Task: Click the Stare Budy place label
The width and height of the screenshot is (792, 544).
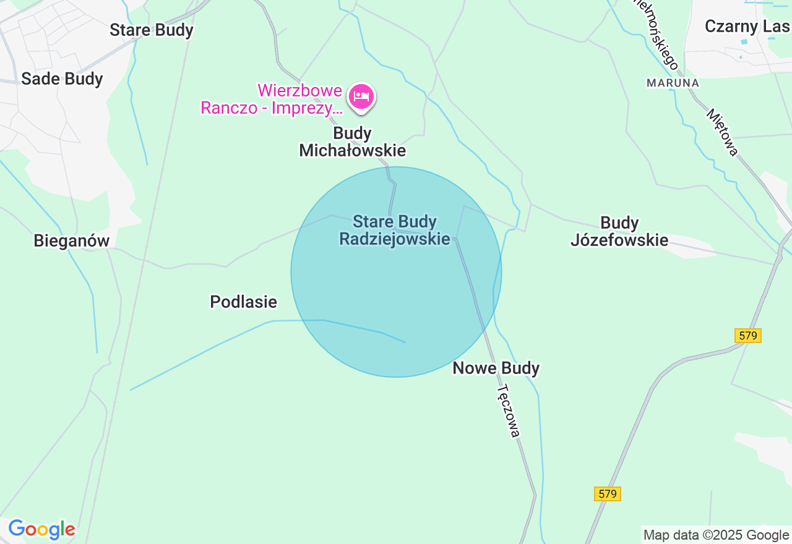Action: [x=152, y=30]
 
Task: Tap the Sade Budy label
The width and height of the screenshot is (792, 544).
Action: [x=62, y=79]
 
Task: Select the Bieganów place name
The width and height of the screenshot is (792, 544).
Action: [x=72, y=240]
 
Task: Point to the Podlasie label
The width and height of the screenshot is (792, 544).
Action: [x=244, y=302]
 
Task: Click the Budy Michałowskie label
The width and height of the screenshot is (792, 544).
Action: [x=353, y=142]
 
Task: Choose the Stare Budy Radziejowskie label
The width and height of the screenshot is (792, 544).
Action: [x=395, y=230]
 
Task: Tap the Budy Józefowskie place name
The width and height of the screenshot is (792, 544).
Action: [x=619, y=231]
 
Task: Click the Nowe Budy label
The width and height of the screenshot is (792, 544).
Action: [x=496, y=368]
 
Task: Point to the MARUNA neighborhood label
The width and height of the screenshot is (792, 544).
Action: [x=673, y=83]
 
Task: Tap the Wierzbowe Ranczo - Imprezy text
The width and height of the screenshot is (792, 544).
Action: [x=271, y=99]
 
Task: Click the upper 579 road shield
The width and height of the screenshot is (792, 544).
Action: [x=748, y=336]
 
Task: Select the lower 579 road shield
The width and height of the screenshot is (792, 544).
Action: [x=608, y=494]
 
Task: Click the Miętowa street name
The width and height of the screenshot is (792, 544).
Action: [x=723, y=132]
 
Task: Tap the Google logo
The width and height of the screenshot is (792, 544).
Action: [x=41, y=529]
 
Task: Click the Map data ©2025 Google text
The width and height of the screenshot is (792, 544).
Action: [x=716, y=535]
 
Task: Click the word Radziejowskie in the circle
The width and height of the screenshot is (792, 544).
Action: [x=395, y=239]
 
